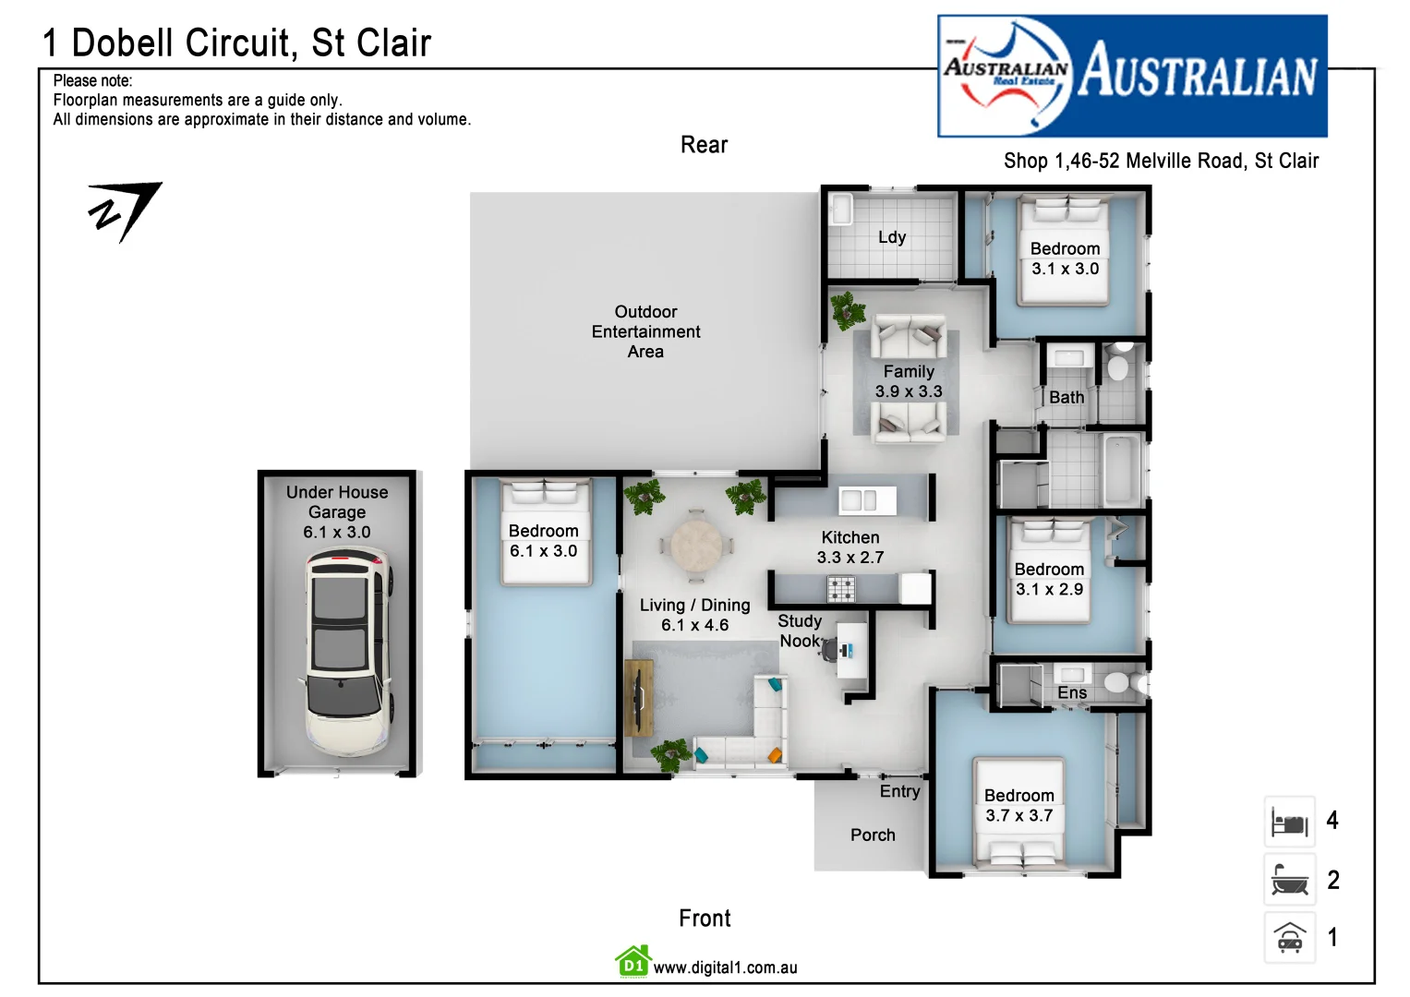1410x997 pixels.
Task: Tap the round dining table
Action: pyautogui.click(x=696, y=547)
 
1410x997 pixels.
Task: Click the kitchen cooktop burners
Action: pyautogui.click(x=840, y=587)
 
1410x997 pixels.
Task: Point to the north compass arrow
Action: pyautogui.click(x=126, y=211)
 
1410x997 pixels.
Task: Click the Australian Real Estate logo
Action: pyautogui.click(x=1132, y=76)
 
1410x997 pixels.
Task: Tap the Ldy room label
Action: pyautogui.click(x=891, y=237)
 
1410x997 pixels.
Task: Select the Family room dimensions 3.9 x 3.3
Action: pyautogui.click(x=909, y=391)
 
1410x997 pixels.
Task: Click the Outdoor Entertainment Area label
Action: pyautogui.click(x=645, y=331)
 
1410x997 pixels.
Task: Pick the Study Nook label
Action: pyautogui.click(x=799, y=631)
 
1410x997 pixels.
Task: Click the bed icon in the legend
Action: pyautogui.click(x=1289, y=822)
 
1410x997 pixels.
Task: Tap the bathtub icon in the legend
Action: pyautogui.click(x=1289, y=880)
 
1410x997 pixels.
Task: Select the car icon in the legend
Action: pyautogui.click(x=1289, y=938)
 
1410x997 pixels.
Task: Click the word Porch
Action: pyautogui.click(x=873, y=835)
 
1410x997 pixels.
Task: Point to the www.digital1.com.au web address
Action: pyautogui.click(x=725, y=967)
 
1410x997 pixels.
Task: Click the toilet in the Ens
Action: pyautogui.click(x=1118, y=683)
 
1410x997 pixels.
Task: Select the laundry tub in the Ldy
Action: pyautogui.click(x=840, y=209)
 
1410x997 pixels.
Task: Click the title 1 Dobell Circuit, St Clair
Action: pyautogui.click(x=237, y=42)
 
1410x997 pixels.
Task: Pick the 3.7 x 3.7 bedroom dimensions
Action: pyautogui.click(x=1018, y=816)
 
